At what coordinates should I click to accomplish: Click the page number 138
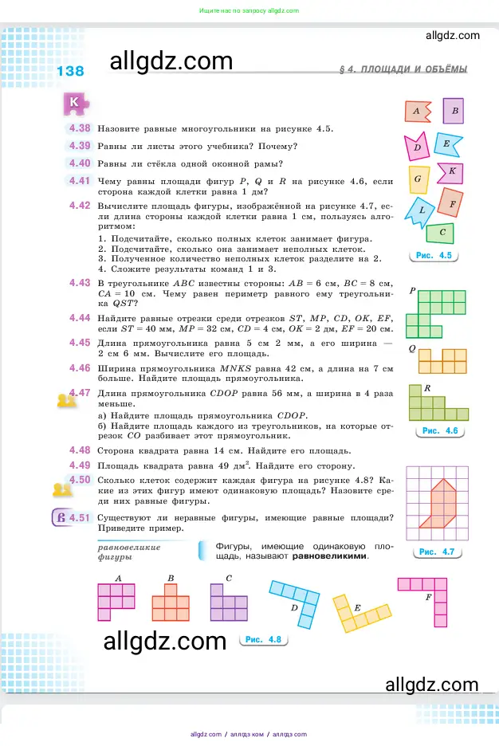[70, 72]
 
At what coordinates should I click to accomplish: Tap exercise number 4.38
[80, 128]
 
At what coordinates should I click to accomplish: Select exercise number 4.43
[80, 283]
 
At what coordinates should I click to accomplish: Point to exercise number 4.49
[80, 465]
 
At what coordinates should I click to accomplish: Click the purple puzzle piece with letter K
[73, 103]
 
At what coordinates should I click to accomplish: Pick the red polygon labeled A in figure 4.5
[417, 112]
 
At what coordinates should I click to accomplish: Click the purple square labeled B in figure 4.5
[454, 112]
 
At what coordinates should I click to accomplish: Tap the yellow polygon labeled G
[418, 179]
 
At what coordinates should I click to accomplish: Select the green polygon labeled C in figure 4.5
[439, 233]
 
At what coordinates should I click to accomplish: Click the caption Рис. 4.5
[434, 256]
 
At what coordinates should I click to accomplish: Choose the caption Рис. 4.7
[436, 552]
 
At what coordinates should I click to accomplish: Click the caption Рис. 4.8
[263, 639]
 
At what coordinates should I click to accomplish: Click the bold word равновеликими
[330, 556]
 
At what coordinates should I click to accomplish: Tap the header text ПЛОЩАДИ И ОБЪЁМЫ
[413, 70]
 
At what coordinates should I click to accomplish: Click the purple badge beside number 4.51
[60, 519]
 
